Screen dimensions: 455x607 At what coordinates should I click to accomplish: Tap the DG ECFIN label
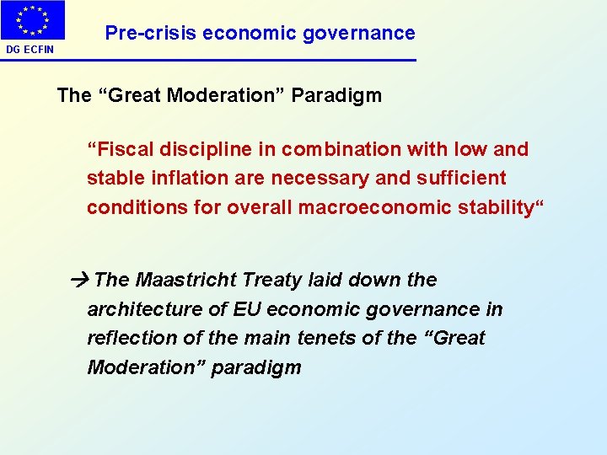30,50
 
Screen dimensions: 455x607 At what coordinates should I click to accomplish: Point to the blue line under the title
253,60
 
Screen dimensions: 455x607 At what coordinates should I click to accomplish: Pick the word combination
336,150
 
